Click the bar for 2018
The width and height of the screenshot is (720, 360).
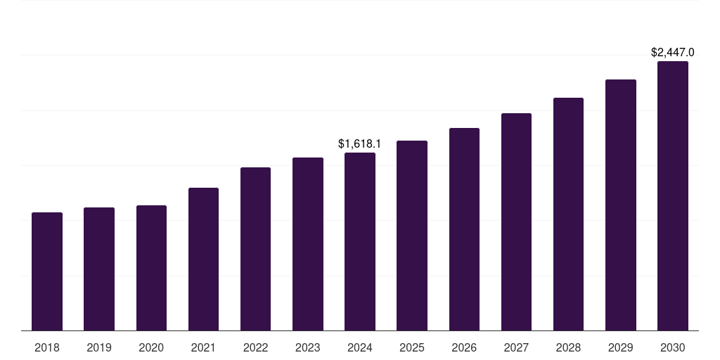click(x=47, y=271)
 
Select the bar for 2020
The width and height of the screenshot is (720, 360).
click(x=151, y=268)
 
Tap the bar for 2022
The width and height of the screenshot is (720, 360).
click(x=255, y=249)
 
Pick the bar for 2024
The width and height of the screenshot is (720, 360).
click(x=360, y=242)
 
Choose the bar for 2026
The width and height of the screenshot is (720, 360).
click(x=464, y=229)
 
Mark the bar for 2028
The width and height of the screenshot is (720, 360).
click(x=568, y=214)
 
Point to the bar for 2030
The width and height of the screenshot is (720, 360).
click(x=672, y=196)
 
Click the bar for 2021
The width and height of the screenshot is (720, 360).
click(x=203, y=259)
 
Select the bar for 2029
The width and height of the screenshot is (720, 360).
click(x=620, y=205)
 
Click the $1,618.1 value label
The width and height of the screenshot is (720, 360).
click(x=360, y=143)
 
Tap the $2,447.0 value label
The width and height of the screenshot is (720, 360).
click(x=672, y=52)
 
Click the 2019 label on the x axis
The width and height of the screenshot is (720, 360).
click(x=99, y=347)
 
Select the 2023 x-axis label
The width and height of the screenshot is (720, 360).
click(x=308, y=347)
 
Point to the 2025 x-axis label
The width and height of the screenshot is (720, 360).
click(x=412, y=347)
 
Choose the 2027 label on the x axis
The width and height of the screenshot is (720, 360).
click(x=516, y=347)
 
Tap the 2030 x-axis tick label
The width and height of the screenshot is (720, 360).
click(x=672, y=347)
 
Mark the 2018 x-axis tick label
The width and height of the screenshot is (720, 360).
click(x=47, y=347)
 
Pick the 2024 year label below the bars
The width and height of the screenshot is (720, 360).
click(x=360, y=347)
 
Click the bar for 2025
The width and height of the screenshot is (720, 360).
click(x=412, y=236)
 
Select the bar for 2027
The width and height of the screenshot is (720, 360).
click(x=516, y=222)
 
